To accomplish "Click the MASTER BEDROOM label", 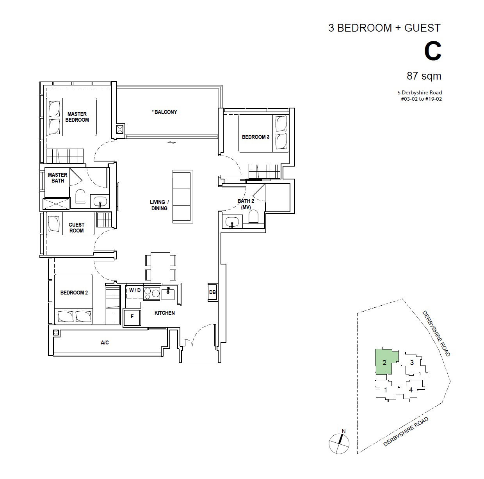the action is point(77,117).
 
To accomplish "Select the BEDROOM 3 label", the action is point(255,137).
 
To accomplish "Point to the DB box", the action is point(212,292).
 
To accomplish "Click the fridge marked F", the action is point(132,317).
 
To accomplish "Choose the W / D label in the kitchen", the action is point(135,291).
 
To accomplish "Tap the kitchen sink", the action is point(168,293).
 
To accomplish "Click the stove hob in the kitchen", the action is point(152,293).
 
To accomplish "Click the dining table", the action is point(160,267).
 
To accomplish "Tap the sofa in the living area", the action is point(183,197).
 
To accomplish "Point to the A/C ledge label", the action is point(105,342).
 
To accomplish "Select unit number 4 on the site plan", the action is point(411,390).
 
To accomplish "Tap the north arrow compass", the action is point(339,444).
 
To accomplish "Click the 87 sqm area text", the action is point(424,76).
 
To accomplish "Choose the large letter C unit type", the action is point(433,51).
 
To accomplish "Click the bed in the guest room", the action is point(70,224).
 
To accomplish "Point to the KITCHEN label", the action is point(164,313).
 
